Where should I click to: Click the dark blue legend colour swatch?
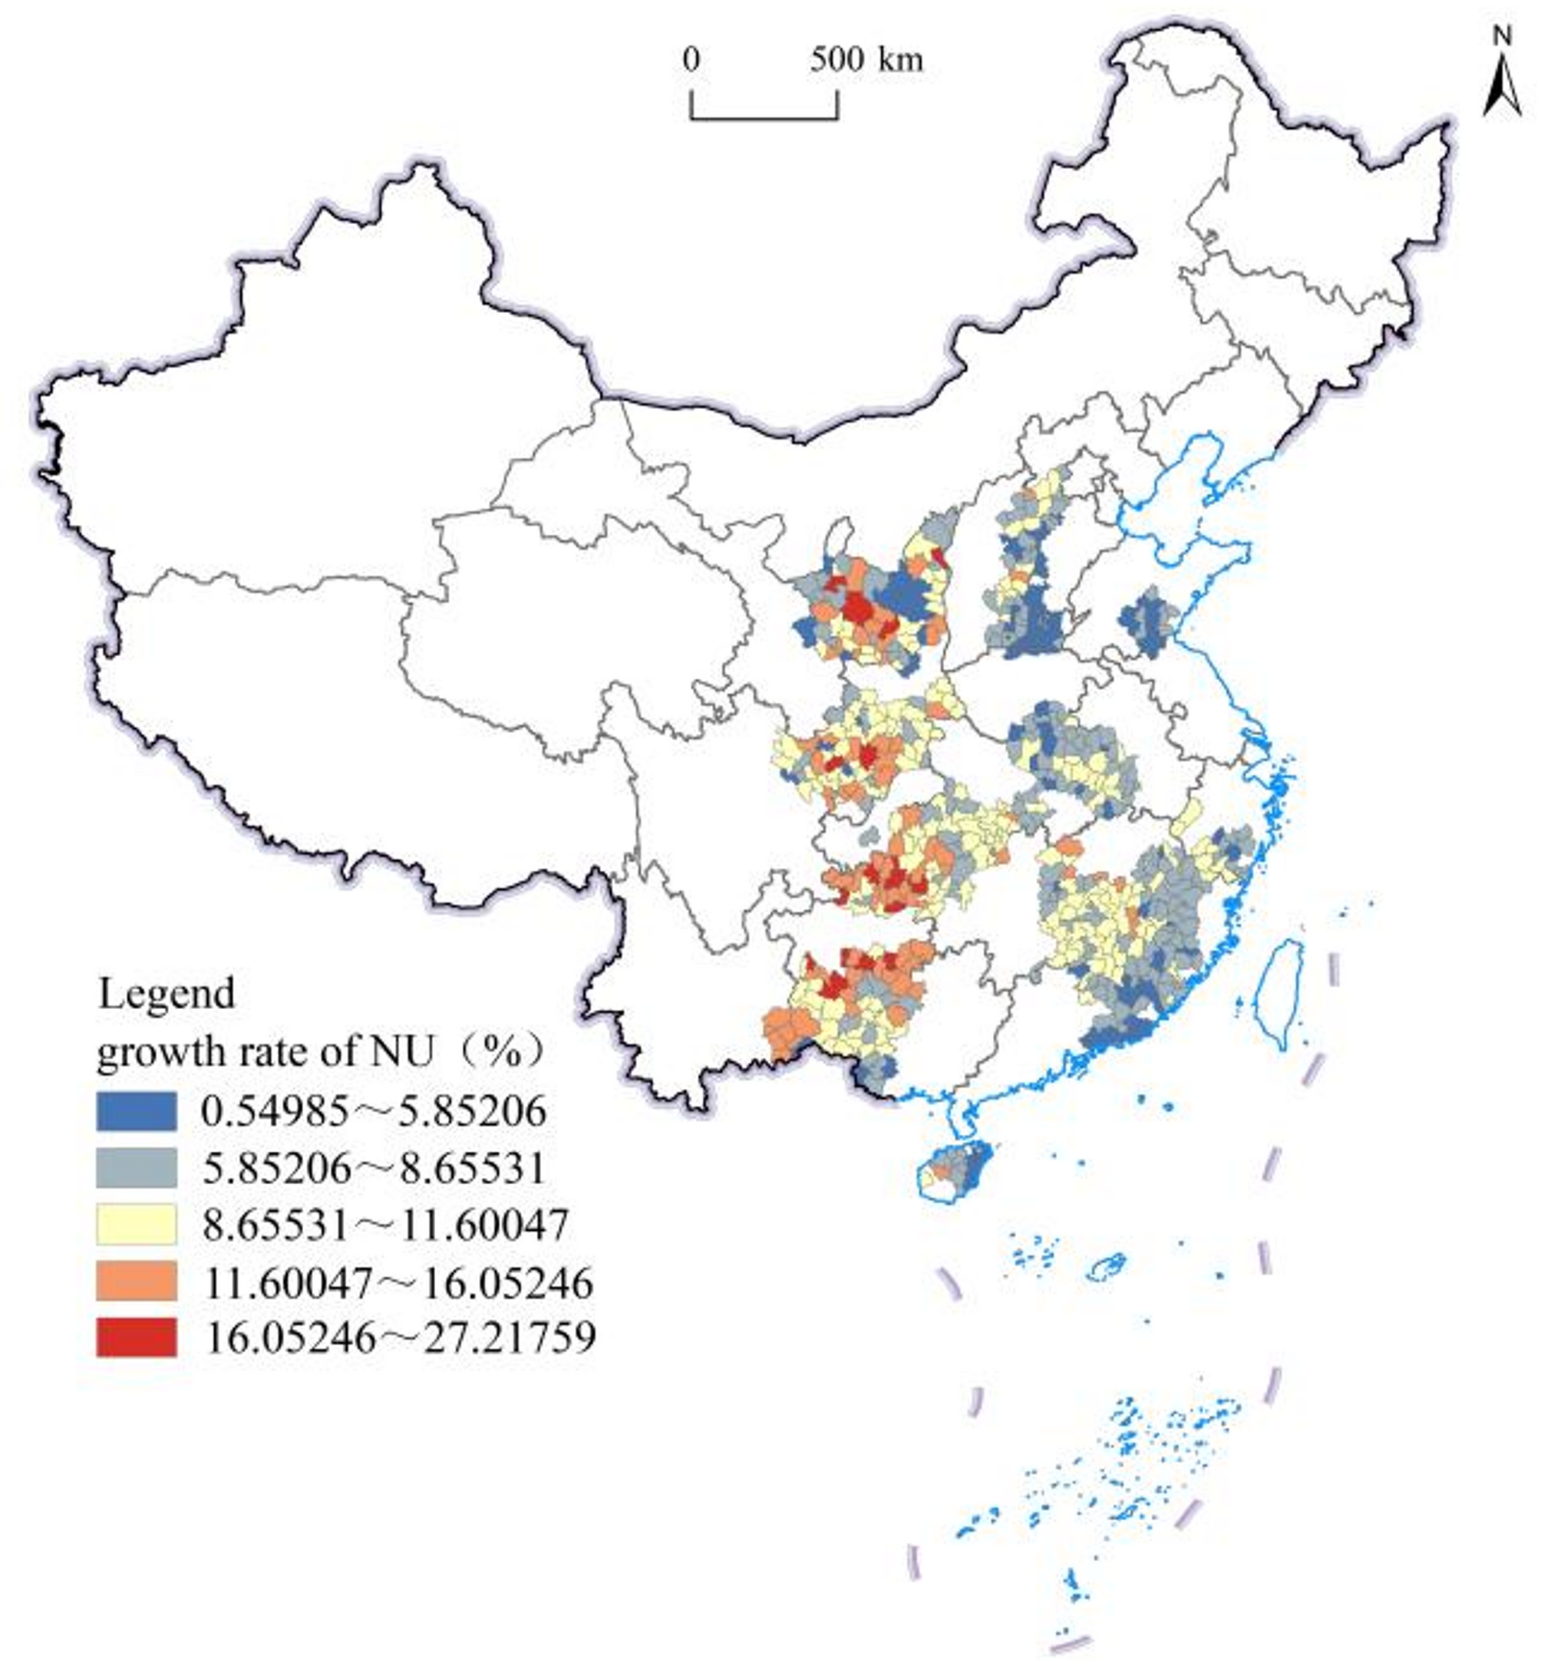click(136, 1111)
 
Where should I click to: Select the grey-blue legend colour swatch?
click(136, 1168)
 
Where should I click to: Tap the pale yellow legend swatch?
click(136, 1224)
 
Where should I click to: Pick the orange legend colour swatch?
click(136, 1281)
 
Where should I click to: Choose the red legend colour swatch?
click(136, 1338)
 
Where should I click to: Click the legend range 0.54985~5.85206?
click(374, 1111)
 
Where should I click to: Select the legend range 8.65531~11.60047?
click(385, 1224)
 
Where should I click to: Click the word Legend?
click(167, 994)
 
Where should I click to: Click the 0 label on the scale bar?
click(691, 60)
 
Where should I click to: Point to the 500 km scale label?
click(867, 60)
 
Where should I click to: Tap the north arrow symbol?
click(1502, 88)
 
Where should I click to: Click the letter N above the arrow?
click(1503, 35)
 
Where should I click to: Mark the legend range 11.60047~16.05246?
click(398, 1281)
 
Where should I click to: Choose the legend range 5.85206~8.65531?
click(374, 1168)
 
